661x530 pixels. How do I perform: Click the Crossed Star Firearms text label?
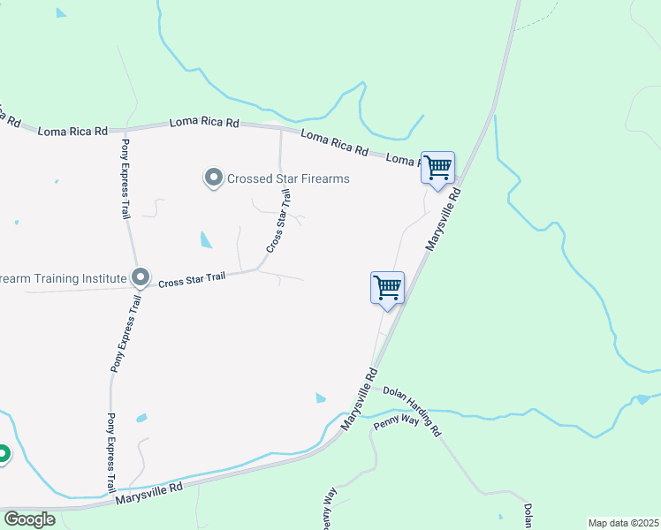point(288,178)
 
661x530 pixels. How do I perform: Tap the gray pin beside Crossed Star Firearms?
point(213,178)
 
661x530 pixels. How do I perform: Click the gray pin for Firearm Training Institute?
point(140,278)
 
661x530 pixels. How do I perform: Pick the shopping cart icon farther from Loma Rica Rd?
point(387,288)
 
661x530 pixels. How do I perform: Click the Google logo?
point(29,519)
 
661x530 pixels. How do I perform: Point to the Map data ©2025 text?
point(623,523)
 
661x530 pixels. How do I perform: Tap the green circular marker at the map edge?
point(3,454)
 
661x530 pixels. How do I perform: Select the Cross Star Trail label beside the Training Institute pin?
point(192,279)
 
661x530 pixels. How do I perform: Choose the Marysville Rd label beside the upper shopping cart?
point(443,218)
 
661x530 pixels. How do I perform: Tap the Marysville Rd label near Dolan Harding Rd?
point(359,403)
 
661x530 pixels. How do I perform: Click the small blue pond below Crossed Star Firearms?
point(206,239)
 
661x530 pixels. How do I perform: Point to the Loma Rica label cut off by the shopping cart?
point(403,160)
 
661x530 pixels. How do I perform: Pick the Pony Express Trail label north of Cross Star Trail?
point(124,178)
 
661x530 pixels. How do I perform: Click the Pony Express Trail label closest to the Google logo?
point(111,452)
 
